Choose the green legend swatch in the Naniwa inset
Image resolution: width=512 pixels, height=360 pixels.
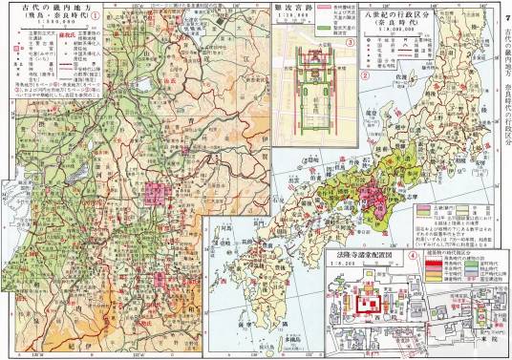pyautogui.click(x=327, y=34)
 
